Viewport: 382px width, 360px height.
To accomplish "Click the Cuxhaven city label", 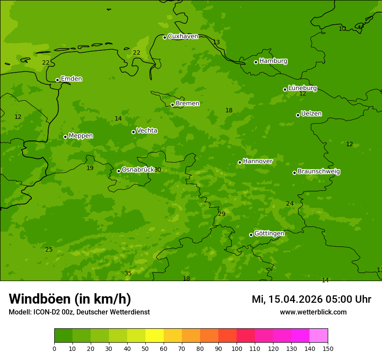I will point(183,36).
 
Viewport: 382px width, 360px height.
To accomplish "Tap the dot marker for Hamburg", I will point(256,62).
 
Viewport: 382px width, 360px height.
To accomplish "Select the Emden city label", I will point(71,79).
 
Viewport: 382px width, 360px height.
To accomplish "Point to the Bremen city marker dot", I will point(172,105).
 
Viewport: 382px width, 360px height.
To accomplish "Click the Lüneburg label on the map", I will point(302,88).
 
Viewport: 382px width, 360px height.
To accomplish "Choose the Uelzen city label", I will point(311,114).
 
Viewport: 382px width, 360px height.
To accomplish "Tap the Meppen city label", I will point(81,136).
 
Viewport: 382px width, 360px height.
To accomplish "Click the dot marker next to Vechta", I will point(133,132).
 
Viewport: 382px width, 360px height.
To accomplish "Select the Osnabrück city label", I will point(138,170).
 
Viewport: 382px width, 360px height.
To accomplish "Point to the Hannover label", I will point(257,161).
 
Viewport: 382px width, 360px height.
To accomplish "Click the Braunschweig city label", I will point(319,172).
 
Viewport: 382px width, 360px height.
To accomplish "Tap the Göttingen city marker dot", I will point(251,235).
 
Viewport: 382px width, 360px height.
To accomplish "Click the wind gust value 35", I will point(128,273).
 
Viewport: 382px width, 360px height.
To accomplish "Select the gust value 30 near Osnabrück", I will point(158,170).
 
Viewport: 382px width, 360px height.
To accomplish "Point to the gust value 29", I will point(222,214).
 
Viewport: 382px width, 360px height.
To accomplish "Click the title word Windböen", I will point(40,299).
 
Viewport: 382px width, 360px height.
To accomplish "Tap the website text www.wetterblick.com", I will point(313,312).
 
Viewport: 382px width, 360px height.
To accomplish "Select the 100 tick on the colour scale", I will point(237,348).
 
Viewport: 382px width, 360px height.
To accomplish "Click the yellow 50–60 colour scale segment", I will point(155,336).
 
